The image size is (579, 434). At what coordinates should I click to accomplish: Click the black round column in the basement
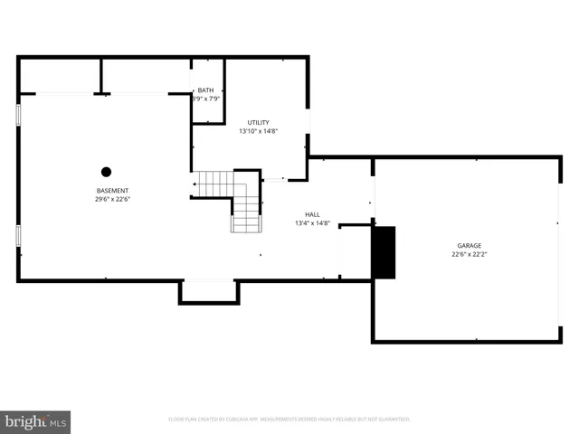106,171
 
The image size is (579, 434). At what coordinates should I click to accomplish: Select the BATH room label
206,90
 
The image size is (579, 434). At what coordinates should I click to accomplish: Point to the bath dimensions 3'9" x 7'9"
206,99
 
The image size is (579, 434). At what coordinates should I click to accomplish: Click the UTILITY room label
259,122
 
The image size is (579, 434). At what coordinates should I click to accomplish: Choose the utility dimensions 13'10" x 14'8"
259,131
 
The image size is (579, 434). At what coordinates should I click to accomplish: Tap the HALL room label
312,214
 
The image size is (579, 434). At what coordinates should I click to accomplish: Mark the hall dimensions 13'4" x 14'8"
312,223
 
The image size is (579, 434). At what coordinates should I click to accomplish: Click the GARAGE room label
469,245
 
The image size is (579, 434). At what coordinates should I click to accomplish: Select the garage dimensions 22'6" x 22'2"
469,254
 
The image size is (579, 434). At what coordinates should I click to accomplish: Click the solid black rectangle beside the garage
384,252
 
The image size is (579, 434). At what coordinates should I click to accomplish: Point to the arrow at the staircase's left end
195,184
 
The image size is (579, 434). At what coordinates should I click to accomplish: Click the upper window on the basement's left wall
18,115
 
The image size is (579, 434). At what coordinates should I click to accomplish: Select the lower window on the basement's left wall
18,236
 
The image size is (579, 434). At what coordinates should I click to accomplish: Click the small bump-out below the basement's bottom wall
209,292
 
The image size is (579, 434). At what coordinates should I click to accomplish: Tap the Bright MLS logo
36,421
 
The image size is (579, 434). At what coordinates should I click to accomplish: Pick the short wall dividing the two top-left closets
100,76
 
